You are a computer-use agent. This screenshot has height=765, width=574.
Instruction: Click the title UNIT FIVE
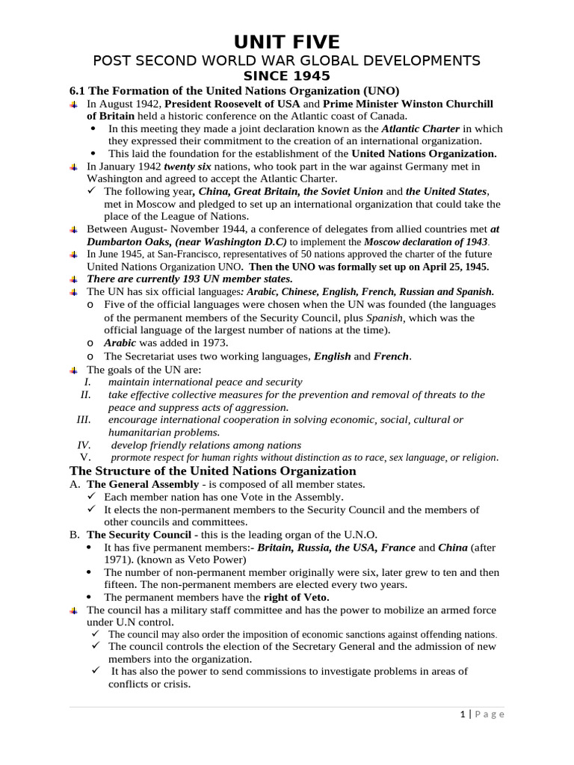tap(287, 41)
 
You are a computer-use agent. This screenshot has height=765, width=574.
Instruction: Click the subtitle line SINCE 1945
tap(287, 76)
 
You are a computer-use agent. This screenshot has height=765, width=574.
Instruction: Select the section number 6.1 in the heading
tap(78, 90)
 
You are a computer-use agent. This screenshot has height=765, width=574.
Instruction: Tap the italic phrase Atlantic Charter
tap(420, 128)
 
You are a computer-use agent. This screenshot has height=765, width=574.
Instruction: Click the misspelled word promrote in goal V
tap(133, 458)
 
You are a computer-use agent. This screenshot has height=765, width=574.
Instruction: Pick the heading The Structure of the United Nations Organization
tap(212, 471)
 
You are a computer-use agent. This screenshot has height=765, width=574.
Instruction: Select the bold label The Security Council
tap(139, 535)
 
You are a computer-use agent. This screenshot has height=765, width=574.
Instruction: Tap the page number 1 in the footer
tap(463, 714)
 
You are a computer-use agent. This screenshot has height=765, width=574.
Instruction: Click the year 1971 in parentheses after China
tap(118, 560)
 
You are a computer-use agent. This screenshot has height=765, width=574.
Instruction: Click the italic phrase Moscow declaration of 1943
tap(425, 242)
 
